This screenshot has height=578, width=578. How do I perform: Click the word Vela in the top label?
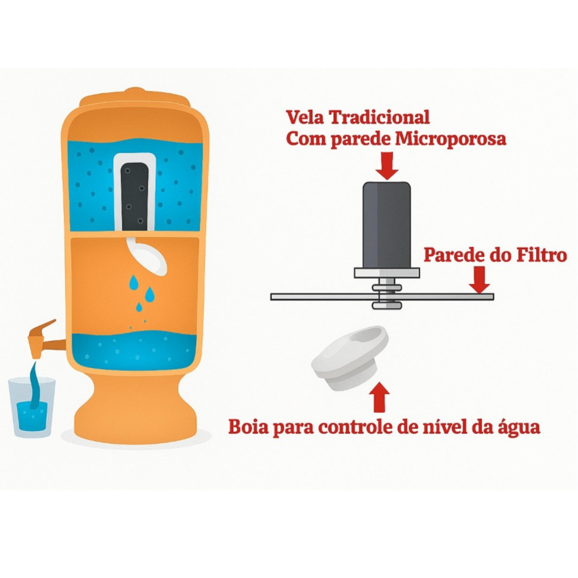pos(305,117)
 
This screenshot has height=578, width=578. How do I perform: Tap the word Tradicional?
pos(380,117)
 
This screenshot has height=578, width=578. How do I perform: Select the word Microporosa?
pos(450,139)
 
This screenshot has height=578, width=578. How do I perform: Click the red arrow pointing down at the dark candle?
pos(387,166)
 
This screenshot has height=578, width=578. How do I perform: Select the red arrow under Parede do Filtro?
pos(480,279)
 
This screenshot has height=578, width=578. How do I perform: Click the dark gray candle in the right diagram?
pos(387,225)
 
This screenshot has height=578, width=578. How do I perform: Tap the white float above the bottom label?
pos(350,358)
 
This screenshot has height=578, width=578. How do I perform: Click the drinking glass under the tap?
pos(32,407)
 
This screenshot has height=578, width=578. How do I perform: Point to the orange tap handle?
pos(43,328)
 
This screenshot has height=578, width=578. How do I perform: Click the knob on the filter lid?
pos(135,91)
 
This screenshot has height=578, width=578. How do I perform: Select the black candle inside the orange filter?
pos(135,195)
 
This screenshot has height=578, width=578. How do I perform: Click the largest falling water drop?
pos(134,283)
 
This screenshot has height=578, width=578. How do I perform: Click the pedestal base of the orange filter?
pos(135,409)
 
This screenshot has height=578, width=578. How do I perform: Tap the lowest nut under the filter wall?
pos(387,305)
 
